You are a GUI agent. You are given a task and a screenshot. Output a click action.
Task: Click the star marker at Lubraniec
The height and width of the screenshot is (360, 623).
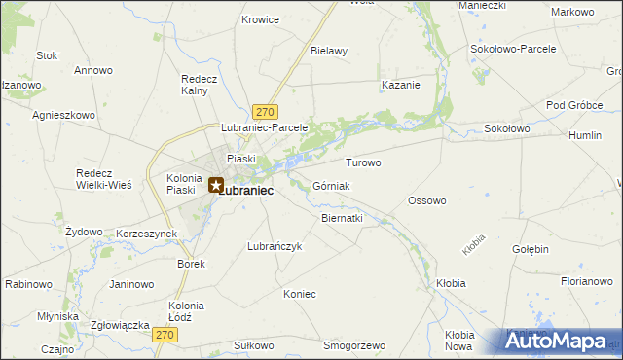pyautogui.click(x=216, y=183)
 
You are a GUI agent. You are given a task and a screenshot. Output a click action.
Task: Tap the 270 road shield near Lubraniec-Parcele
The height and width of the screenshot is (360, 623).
pyautogui.click(x=265, y=112)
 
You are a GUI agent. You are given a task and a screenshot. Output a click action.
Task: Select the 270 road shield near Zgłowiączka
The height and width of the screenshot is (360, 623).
pyautogui.click(x=165, y=334)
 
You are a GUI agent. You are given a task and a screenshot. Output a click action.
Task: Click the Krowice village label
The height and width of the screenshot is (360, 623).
pyautogui.click(x=260, y=19)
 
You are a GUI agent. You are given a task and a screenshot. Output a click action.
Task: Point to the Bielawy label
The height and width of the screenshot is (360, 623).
pyautogui.click(x=329, y=51)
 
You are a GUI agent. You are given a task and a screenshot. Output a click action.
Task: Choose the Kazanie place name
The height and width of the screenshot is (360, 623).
pyautogui.click(x=401, y=85)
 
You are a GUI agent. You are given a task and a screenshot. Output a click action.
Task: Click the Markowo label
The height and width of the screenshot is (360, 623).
pyautogui.click(x=572, y=12)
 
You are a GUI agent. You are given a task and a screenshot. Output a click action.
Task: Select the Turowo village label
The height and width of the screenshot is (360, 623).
pyautogui.click(x=363, y=162)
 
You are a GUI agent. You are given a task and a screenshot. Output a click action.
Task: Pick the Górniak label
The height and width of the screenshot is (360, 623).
pyautogui.click(x=331, y=186)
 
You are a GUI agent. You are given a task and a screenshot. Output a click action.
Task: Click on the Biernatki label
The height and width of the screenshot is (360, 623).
pyautogui.click(x=342, y=218)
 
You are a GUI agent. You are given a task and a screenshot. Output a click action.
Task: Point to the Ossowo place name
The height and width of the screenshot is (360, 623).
pyautogui.click(x=426, y=201)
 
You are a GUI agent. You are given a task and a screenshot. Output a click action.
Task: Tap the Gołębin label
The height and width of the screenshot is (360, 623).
pyautogui.click(x=531, y=249)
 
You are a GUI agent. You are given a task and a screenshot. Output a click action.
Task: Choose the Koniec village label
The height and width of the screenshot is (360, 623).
pyautogui.click(x=300, y=293)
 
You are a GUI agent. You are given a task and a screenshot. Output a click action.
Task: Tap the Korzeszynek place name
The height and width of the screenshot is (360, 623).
pyautogui.click(x=145, y=234)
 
